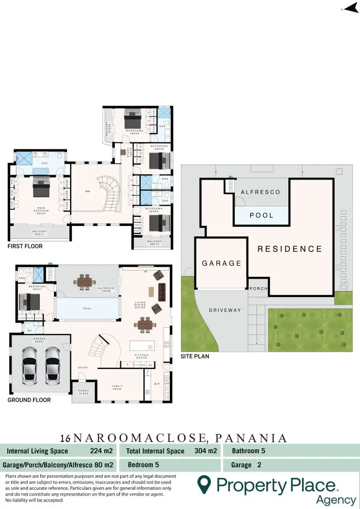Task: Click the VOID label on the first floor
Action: click(87, 191)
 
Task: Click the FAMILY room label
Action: click(117, 386)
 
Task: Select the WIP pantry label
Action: click(156, 384)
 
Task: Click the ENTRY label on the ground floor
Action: click(83, 368)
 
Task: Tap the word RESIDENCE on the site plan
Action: click(289, 249)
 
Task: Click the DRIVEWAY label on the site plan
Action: click(225, 310)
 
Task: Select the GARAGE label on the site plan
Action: click(221, 263)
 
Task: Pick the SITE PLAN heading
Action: click(195, 356)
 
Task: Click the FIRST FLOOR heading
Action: click(25, 246)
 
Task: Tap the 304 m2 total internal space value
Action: click(206, 451)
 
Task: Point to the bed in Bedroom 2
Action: click(131, 118)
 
